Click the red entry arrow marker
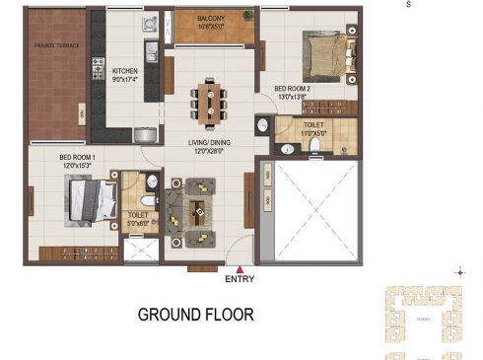pos(239,267)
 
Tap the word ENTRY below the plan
pos(240,279)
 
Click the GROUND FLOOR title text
pos(195,316)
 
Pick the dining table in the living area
pos(210,104)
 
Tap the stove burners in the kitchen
pos(99,68)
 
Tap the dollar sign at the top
pos(409,5)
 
